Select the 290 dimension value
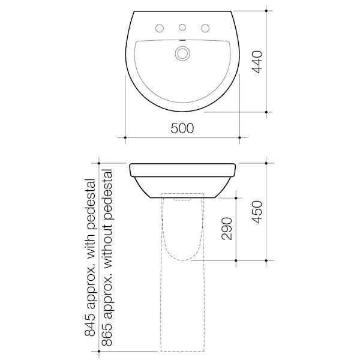(x=227, y=227)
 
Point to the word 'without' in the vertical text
(x=109, y=235)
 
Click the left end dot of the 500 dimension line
(x=125, y=137)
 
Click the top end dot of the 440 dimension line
(x=266, y=9)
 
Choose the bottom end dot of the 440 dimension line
(x=266, y=112)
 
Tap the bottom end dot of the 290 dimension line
(x=236, y=260)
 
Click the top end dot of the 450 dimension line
(x=266, y=162)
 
